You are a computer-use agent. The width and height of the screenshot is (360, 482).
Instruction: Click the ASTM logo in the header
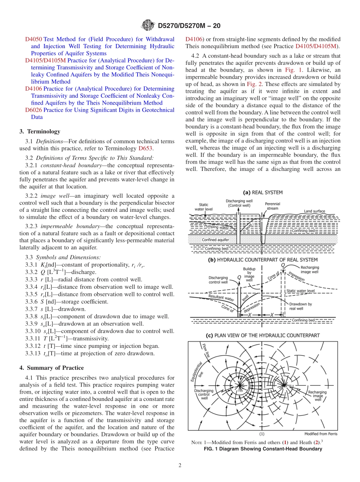148,26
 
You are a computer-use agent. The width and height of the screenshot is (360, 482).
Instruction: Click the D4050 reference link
33,39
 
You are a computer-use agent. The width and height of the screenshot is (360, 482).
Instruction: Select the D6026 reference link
33,110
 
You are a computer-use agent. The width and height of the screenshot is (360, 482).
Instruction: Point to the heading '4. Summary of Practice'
52,368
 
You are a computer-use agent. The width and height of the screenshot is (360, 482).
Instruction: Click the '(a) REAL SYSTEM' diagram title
262,192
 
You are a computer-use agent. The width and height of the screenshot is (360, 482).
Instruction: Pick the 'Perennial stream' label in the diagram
272,206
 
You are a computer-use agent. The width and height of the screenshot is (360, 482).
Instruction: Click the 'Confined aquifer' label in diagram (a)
215,240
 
